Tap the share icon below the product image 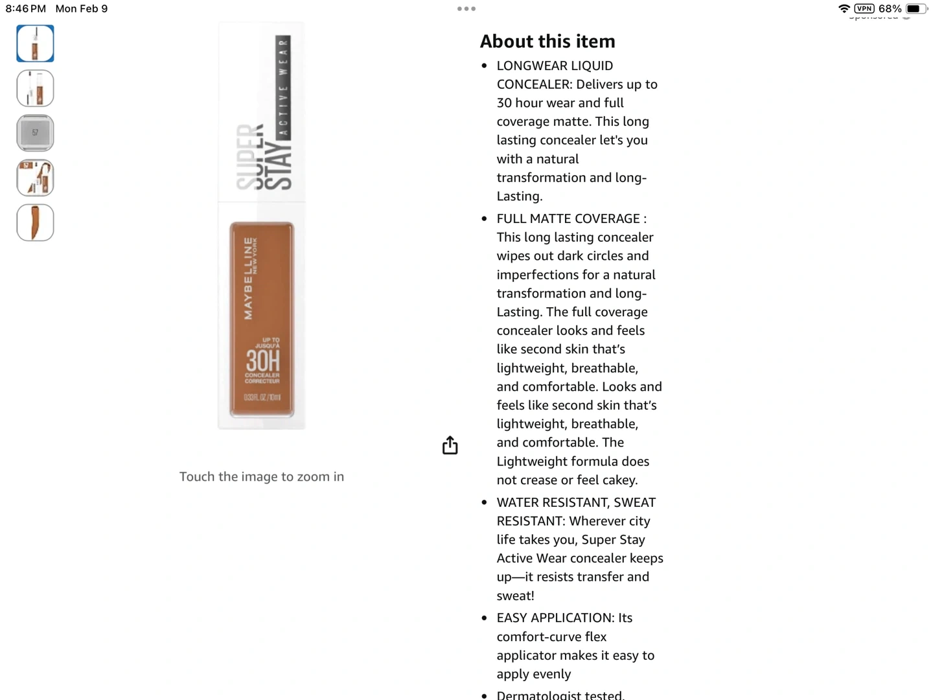pos(450,445)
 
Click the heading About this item pos(547,41)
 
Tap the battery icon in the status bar pos(915,8)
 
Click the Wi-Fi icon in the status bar pos(844,8)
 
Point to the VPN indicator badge pos(864,8)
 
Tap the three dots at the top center pos(466,9)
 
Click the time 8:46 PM pos(26,8)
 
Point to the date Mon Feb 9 pos(82,8)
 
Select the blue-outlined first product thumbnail pos(35,43)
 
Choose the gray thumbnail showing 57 pos(35,133)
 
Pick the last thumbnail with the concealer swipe pos(35,222)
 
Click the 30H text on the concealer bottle pos(262,360)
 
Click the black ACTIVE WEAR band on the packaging pos(283,87)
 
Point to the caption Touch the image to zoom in pos(262,477)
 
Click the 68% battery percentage pos(890,8)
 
